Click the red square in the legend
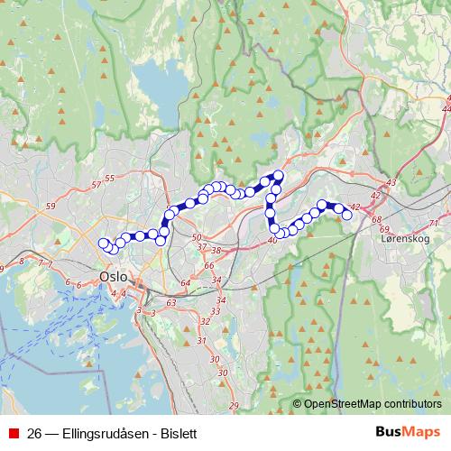pyautogui.click(x=13, y=433)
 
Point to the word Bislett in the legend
pyautogui.click(x=177, y=433)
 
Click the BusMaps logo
pyautogui.click(x=408, y=432)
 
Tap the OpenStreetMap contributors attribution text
pyautogui.click(x=373, y=405)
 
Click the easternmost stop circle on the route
pyautogui.click(x=346, y=214)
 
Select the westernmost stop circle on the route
pyautogui.click(x=102, y=242)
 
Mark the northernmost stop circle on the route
pyautogui.click(x=278, y=175)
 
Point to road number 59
pyautogui.click(x=50, y=207)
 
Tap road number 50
pyautogui.click(x=198, y=237)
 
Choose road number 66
pyautogui.click(x=209, y=265)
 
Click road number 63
pyautogui.click(x=171, y=304)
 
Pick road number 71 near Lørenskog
pyautogui.click(x=435, y=223)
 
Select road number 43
pyautogui.click(x=391, y=183)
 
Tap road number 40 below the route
pyautogui.click(x=272, y=240)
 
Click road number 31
pyautogui.click(x=201, y=340)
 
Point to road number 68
pyautogui.click(x=376, y=219)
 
